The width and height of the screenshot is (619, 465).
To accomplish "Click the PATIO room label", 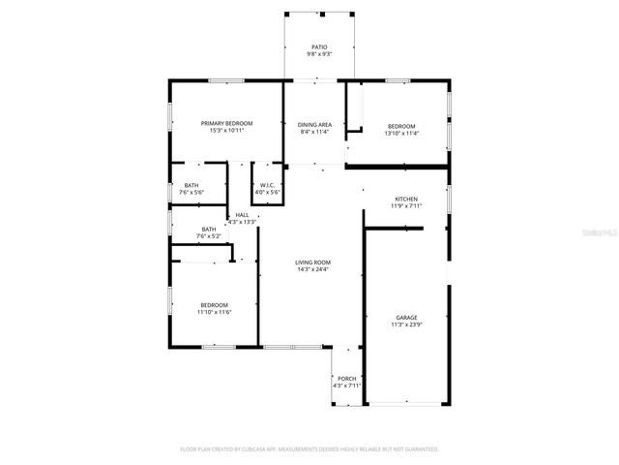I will tap(319, 46).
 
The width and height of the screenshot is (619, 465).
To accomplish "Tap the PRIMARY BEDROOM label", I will tap(226, 123).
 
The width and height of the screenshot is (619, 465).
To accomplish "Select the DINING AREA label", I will tap(313, 125).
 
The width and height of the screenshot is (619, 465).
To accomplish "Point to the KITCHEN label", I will tap(405, 199).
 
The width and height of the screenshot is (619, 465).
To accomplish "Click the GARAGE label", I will tap(405, 318).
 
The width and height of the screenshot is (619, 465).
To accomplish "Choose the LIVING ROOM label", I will tap(313, 263).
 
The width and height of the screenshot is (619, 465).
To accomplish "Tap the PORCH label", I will tap(346, 379).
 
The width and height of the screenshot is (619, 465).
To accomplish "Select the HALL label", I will tap(242, 215).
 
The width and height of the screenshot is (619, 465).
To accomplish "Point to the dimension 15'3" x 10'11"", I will tap(226, 131).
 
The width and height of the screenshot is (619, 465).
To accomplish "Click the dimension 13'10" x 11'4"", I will tap(401, 133).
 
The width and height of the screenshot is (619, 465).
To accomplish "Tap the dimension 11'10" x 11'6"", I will tap(214, 312).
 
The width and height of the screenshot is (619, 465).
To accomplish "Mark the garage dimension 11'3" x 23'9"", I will tap(405, 325).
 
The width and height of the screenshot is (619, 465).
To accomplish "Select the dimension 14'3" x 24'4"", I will tap(313, 270).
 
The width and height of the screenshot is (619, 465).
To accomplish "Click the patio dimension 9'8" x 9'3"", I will tap(319, 54).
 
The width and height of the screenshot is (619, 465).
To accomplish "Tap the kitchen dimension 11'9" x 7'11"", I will tap(405, 206).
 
